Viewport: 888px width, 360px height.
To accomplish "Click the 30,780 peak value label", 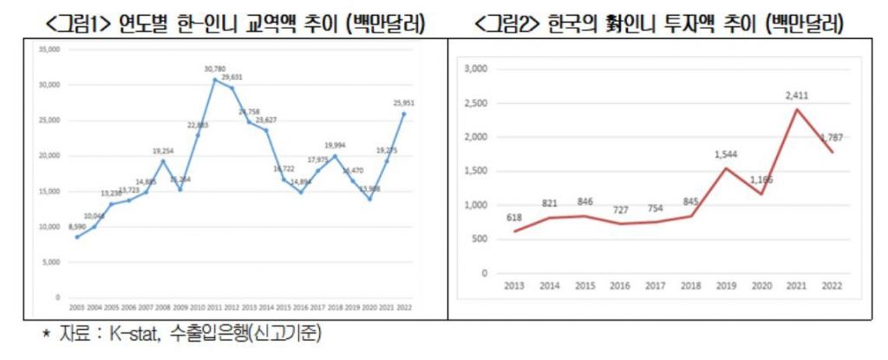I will [x=215, y=69].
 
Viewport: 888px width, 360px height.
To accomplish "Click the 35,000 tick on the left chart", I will [x=49, y=49].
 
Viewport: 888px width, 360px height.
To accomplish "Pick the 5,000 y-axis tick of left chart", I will [x=50, y=261].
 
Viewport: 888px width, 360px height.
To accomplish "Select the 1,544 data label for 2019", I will [x=726, y=154].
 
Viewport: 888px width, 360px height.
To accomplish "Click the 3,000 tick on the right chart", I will [x=479, y=69].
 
